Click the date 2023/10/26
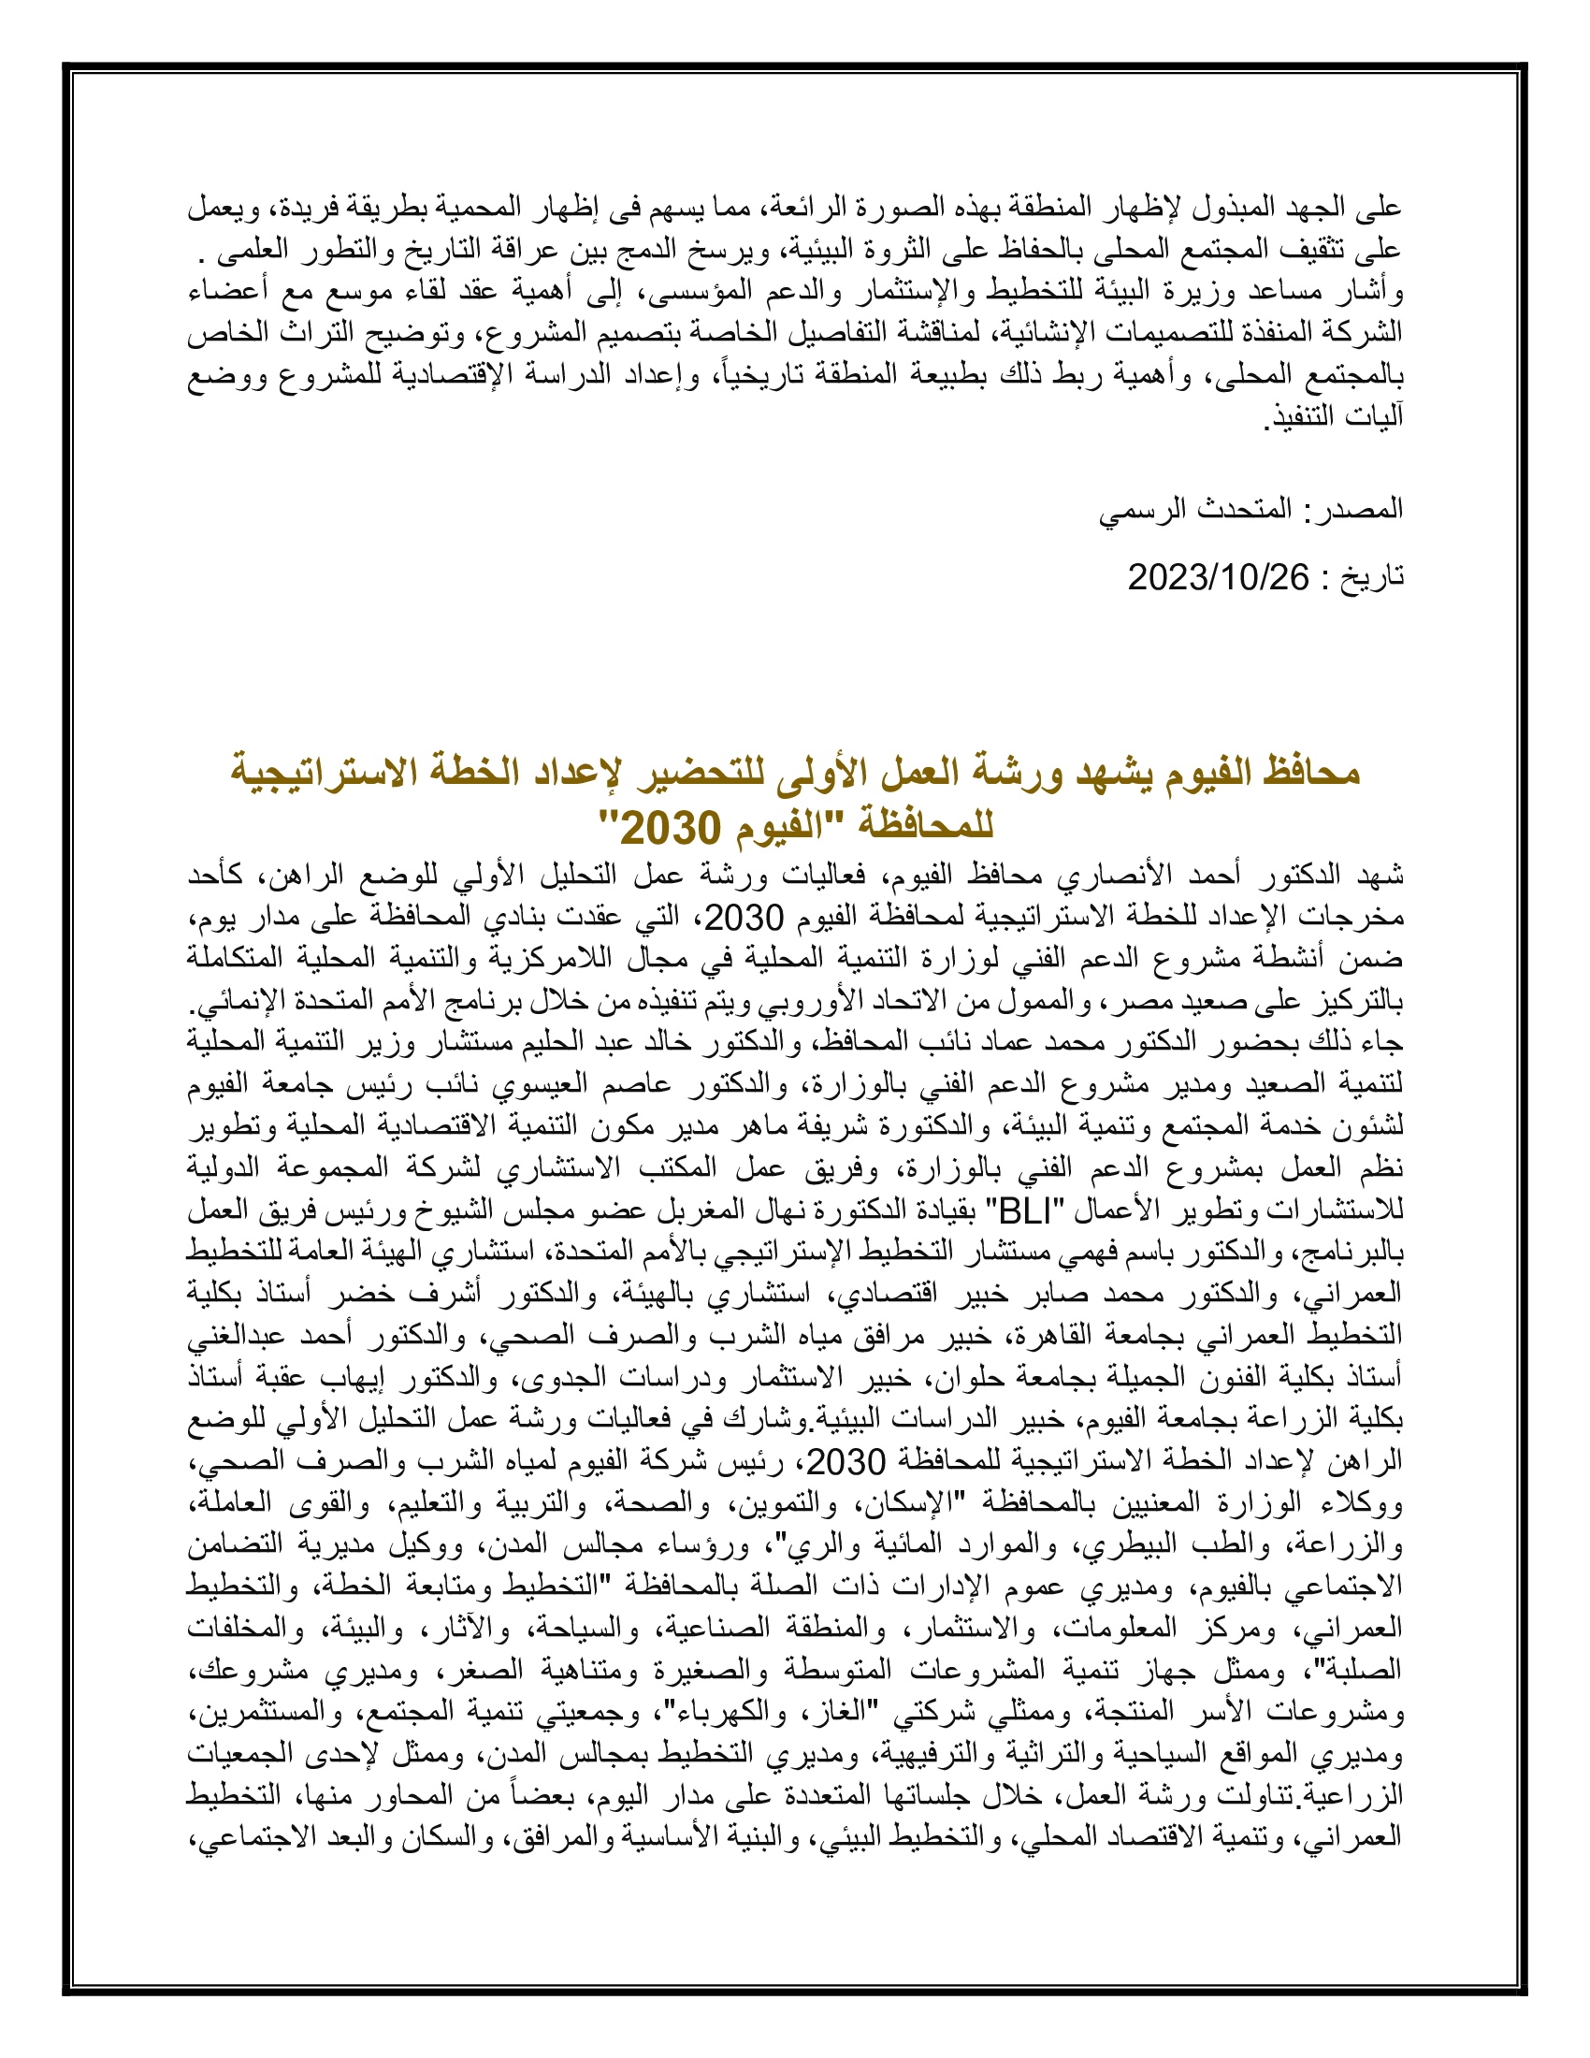coord(1218,577)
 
